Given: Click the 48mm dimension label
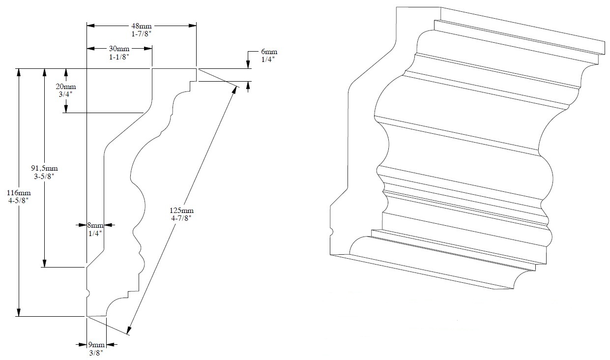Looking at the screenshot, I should click(x=142, y=26).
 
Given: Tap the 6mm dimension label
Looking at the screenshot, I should click(x=269, y=52).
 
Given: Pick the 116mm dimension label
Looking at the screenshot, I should click(x=19, y=192).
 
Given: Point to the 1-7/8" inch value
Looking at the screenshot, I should click(x=142, y=33).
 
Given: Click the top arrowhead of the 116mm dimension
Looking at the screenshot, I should click(x=19, y=73).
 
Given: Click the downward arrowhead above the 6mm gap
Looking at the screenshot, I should click(x=248, y=64).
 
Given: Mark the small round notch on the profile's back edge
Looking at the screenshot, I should click(x=88, y=294).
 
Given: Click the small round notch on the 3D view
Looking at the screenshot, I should click(x=332, y=231).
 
